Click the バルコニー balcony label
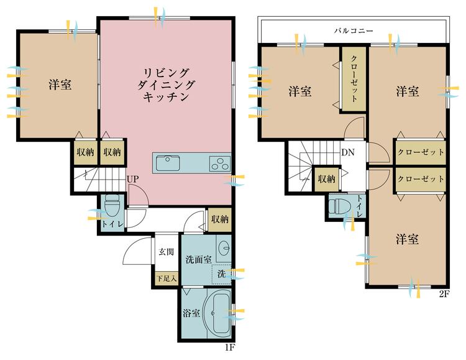coord(353,30)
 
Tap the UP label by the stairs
coord(132,179)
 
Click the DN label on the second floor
coord(348,152)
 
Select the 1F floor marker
coord(230,347)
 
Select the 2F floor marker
coord(444,293)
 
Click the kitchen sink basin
coord(168,163)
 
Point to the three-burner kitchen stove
coord(220,164)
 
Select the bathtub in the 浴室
coord(218,313)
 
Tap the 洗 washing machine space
coord(221,274)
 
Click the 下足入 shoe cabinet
coord(167,279)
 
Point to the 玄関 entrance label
coord(166,252)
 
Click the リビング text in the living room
coord(167,73)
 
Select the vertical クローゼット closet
coord(353,79)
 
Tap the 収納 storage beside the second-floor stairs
coord(327,178)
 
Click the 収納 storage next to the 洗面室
coord(219,219)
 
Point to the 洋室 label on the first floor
coord(60,85)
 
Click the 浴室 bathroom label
coord(191,313)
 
